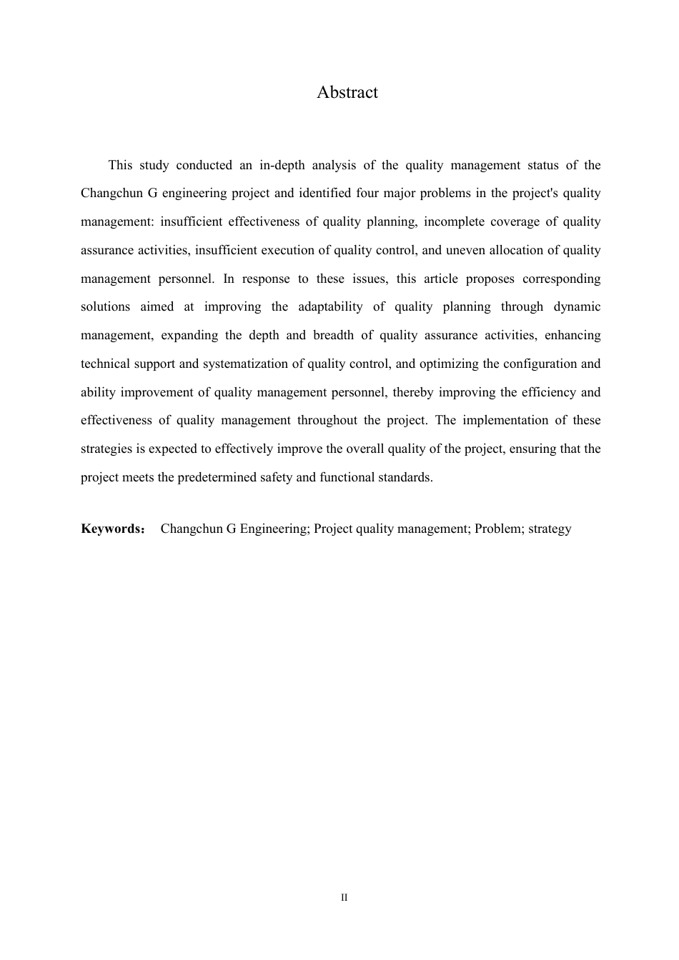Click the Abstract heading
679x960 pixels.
pyautogui.click(x=347, y=93)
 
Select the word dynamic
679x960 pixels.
pyautogui.click(x=578, y=307)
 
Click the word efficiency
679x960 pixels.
pyautogui.click(x=541, y=393)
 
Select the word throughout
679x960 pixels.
pyautogui.click(x=327, y=421)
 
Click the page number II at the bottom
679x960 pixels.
pyautogui.click(x=345, y=898)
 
